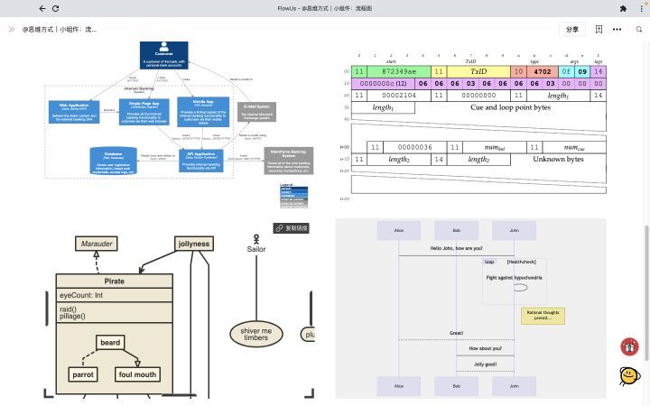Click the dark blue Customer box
coord(163,53)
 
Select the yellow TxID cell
coord(478,70)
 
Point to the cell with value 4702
coord(543,70)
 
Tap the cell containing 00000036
coord(414,147)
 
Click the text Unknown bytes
coord(565,159)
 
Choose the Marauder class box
coord(97,244)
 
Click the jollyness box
coord(193,244)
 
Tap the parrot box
coord(82,374)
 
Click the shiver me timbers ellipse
coord(255,335)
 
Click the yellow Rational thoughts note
coord(543,315)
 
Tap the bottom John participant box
coord(514,386)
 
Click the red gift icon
coord(629,346)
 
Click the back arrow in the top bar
coord(42,8)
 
